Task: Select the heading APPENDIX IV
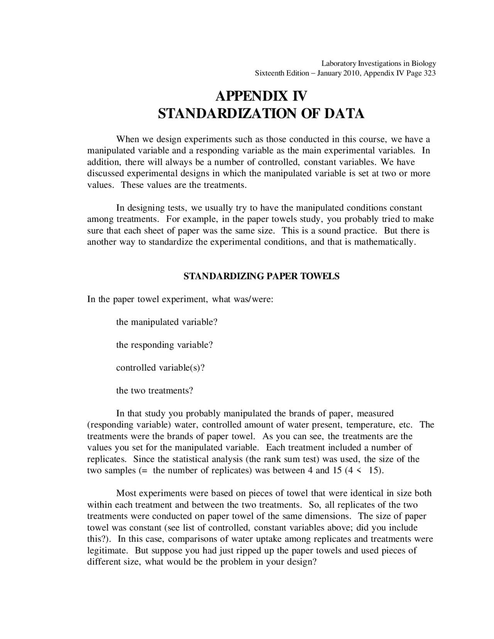click(x=261, y=96)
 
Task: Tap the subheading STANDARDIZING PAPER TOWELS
click(x=261, y=276)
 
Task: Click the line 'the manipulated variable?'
click(x=167, y=322)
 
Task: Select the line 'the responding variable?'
click(x=164, y=345)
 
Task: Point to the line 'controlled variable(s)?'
click(x=160, y=367)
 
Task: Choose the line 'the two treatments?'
click(x=154, y=390)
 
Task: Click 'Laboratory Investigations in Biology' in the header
click(x=379, y=63)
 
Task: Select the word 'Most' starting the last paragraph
click(x=126, y=493)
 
